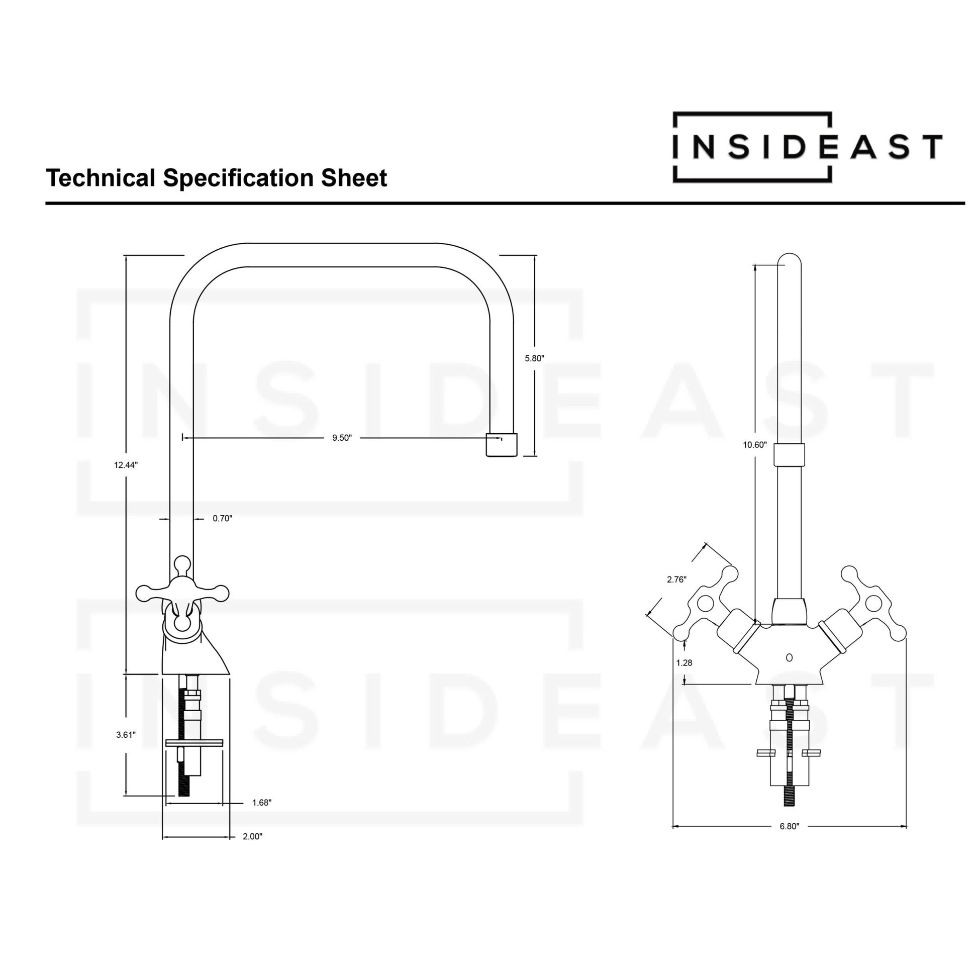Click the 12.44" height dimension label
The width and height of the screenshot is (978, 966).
(x=126, y=465)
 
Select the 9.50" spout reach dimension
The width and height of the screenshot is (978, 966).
(x=342, y=438)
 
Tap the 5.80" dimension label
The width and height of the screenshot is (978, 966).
(x=535, y=358)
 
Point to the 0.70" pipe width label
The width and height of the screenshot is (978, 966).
(x=222, y=519)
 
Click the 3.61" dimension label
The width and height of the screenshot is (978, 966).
(x=126, y=735)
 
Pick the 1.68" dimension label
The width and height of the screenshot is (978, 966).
(x=262, y=803)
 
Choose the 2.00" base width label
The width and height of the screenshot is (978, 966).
(x=253, y=836)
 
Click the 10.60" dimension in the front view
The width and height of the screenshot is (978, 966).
(x=755, y=445)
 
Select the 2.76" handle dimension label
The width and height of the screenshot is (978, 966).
(x=676, y=579)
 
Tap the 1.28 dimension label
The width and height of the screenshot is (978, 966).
(x=684, y=663)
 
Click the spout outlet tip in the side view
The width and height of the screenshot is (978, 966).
(x=501, y=444)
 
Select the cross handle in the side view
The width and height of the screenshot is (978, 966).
(x=182, y=593)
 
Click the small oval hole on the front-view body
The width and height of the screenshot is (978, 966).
(x=789, y=658)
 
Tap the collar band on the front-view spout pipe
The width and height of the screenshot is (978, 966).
(x=789, y=455)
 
